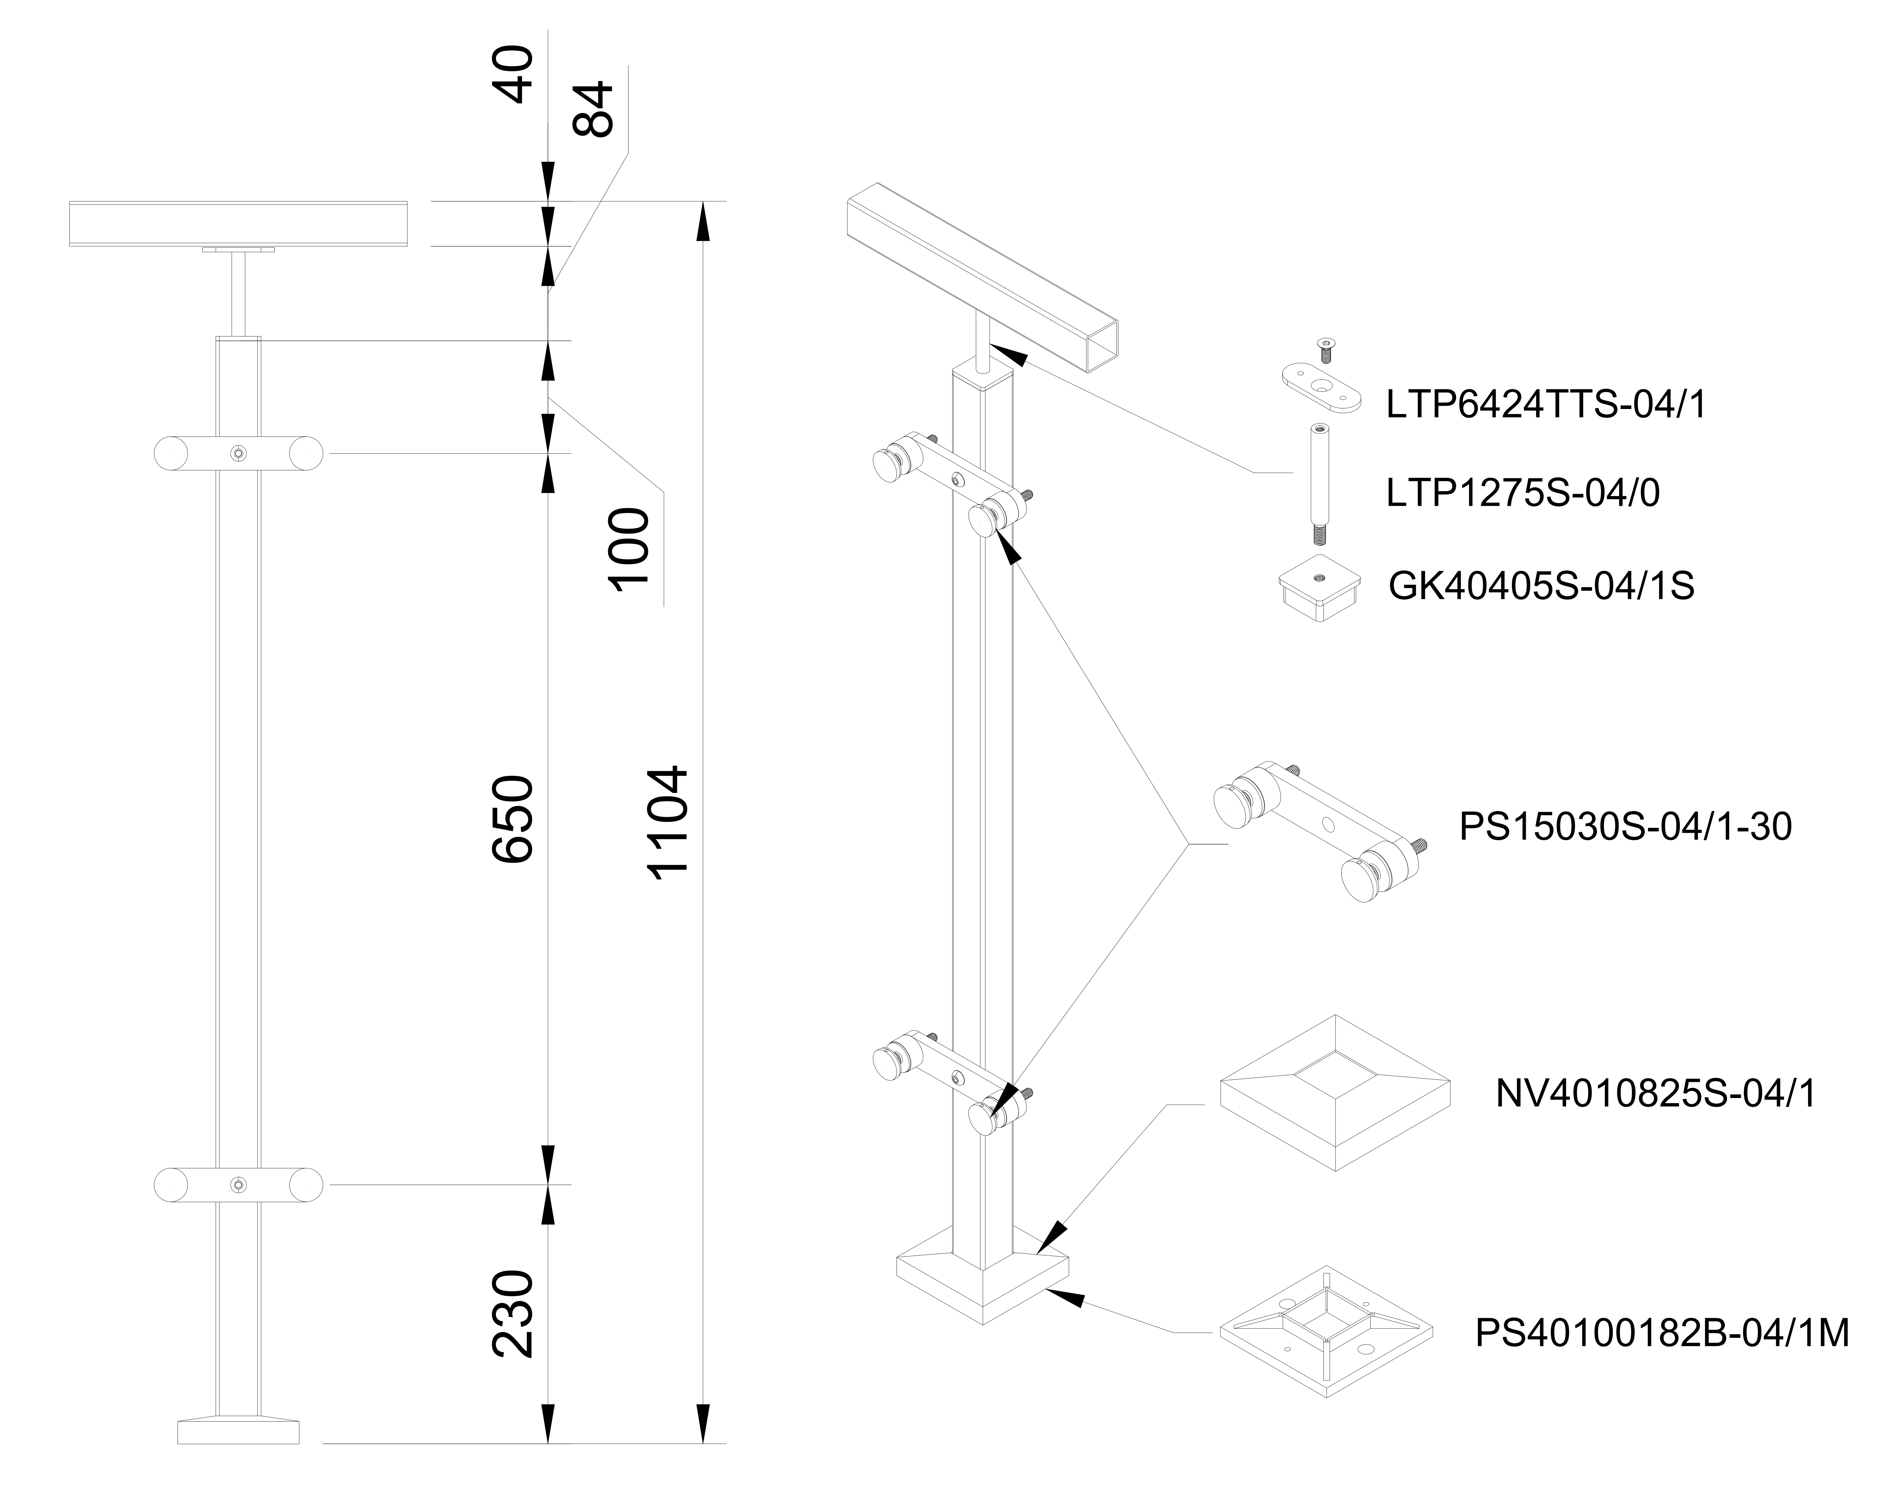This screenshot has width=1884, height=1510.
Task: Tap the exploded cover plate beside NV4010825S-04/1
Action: (x=1335, y=1092)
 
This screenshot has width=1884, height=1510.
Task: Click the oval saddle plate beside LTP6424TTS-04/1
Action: (x=1321, y=387)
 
